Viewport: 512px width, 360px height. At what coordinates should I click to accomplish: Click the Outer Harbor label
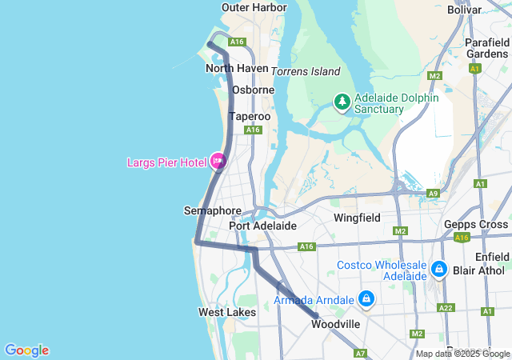(x=254, y=8)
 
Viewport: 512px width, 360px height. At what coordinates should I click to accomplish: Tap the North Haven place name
(x=237, y=68)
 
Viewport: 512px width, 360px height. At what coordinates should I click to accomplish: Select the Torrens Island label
(x=306, y=71)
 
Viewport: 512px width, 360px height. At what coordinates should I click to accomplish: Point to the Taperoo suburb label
(x=250, y=116)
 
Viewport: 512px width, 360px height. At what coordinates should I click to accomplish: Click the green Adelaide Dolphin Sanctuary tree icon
(x=342, y=102)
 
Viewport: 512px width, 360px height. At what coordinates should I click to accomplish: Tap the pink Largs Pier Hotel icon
(x=218, y=161)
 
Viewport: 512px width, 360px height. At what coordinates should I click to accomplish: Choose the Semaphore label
(x=212, y=210)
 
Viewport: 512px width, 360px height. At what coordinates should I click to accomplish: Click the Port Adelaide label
(x=262, y=226)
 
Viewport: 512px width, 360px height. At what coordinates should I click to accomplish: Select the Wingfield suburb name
(x=357, y=217)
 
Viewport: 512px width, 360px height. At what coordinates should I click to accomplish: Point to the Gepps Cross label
(x=476, y=224)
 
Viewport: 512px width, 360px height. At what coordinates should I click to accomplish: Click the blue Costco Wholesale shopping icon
(x=438, y=270)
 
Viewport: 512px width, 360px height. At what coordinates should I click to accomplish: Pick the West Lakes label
(x=227, y=312)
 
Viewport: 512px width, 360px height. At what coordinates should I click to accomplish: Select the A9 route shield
(x=433, y=194)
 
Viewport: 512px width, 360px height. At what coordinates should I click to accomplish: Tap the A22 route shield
(x=446, y=308)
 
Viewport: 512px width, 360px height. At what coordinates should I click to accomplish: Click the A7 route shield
(x=360, y=353)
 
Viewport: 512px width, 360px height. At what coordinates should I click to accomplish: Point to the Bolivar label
(x=465, y=10)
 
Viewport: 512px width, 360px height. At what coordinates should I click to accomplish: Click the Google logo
(x=26, y=350)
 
